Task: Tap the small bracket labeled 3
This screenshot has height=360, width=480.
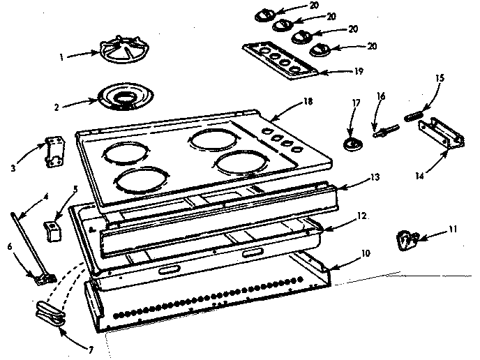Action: pyautogui.click(x=52, y=151)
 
